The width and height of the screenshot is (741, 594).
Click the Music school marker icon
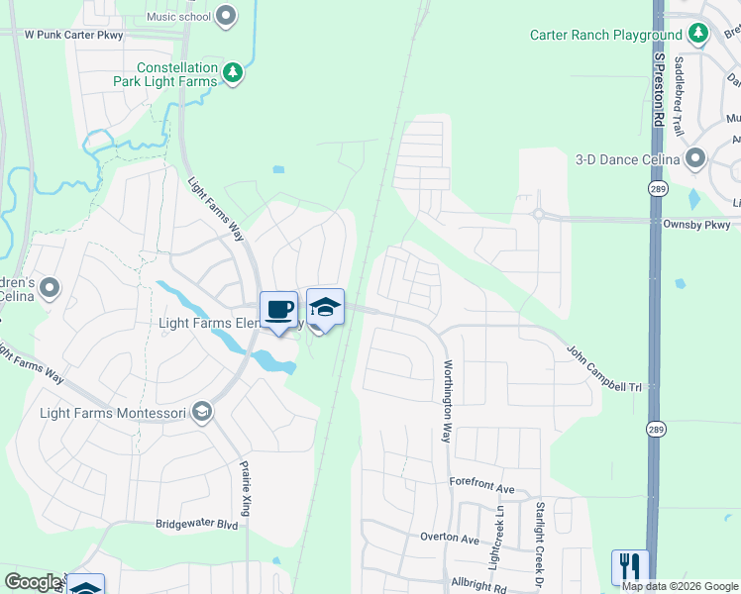click(x=227, y=15)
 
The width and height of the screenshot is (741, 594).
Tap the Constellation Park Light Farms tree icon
click(x=233, y=72)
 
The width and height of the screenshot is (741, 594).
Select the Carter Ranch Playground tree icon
click(x=698, y=34)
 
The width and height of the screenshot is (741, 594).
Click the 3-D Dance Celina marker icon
click(x=695, y=158)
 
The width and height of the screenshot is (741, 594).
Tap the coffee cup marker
click(x=278, y=309)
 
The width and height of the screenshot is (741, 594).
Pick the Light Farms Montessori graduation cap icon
click(x=203, y=412)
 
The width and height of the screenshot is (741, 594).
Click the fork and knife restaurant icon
click(x=630, y=567)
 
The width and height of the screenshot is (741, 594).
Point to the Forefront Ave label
click(x=481, y=488)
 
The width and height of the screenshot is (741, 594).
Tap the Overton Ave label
click(x=451, y=538)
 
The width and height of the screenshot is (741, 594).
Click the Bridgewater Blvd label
click(x=197, y=524)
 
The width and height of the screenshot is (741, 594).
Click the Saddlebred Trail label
click(x=679, y=96)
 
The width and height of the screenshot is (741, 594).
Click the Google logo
click(x=33, y=582)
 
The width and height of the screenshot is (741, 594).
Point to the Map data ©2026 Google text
click(x=680, y=586)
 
